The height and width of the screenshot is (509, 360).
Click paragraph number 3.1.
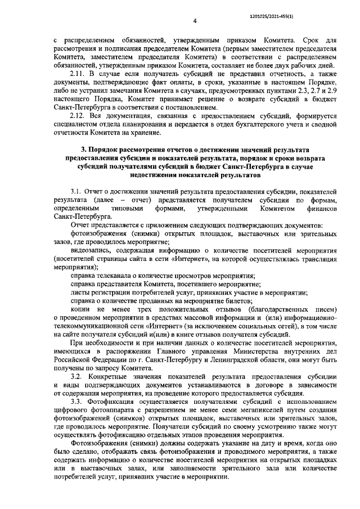pyautogui.click(x=76, y=192)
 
